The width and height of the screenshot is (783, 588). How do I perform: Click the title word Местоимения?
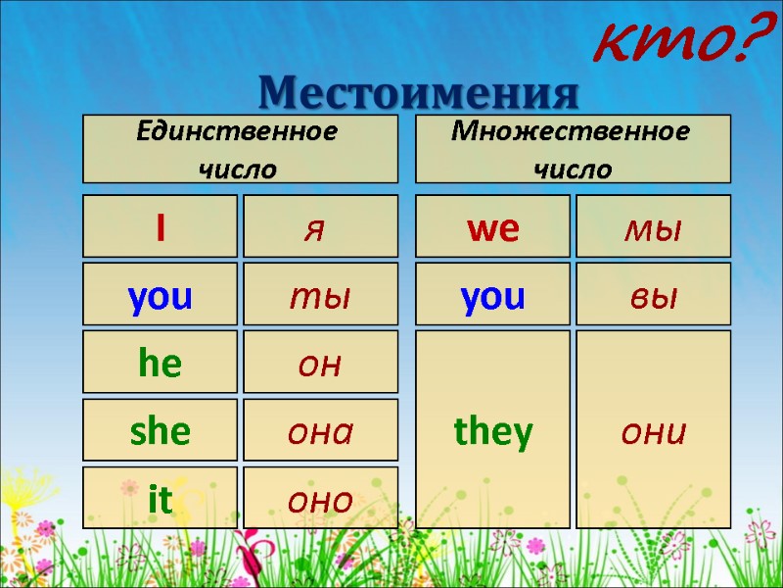tap(419, 93)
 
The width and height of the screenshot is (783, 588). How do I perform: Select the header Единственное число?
tap(239, 149)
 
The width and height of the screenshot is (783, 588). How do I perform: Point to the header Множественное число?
tap(573, 149)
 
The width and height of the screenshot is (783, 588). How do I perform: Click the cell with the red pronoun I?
tap(160, 227)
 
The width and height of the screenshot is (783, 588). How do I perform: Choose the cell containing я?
tap(320, 227)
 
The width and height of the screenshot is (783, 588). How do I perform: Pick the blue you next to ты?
tap(160, 295)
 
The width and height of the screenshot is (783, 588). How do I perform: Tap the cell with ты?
tap(320, 295)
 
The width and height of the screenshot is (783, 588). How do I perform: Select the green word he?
tap(160, 363)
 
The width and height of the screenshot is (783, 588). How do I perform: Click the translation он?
tap(320, 363)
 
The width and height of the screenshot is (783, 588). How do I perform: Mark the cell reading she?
tap(160, 430)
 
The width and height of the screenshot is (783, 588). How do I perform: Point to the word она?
tap(320, 430)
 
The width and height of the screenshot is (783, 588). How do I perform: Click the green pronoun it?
tap(160, 499)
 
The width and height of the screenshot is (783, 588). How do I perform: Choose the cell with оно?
tap(320, 499)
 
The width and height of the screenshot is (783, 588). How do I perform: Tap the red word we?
tap(492, 227)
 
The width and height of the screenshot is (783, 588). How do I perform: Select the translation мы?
tap(653, 227)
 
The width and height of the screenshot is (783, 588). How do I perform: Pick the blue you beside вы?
tap(492, 295)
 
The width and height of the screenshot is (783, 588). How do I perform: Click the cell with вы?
tap(653, 295)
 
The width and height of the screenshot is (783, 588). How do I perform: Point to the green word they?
tap(492, 430)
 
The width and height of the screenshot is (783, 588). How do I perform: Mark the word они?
tap(653, 430)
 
